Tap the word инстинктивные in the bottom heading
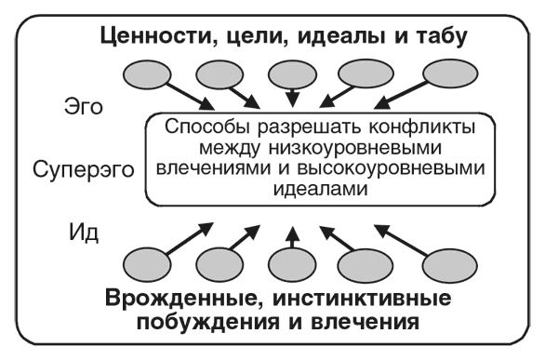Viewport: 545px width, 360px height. pos(368,300)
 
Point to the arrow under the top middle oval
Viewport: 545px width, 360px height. pos(294,98)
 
